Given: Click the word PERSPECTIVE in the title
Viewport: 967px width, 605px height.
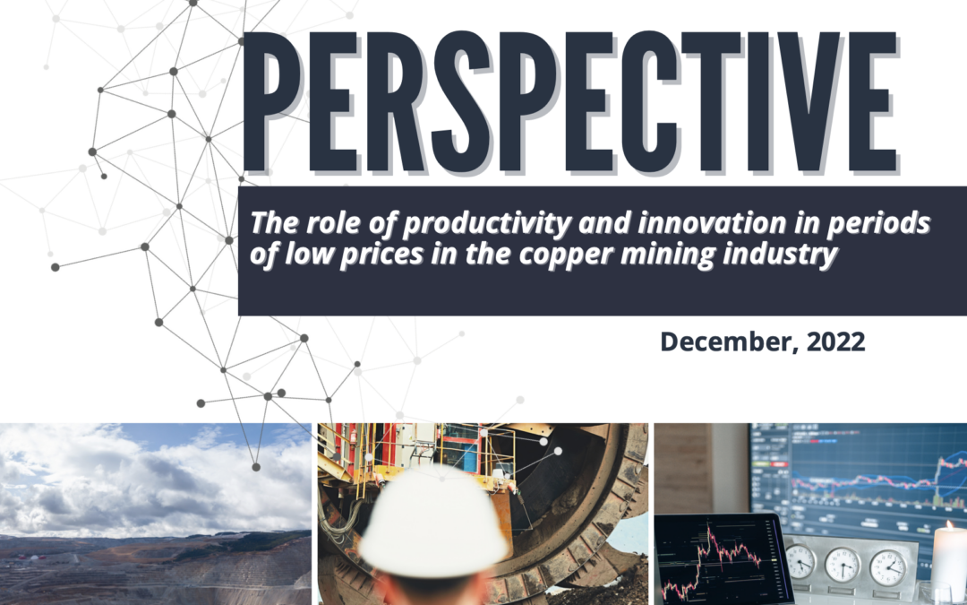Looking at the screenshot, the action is (x=570, y=102).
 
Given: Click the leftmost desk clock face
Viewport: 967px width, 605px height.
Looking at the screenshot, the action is (x=800, y=560).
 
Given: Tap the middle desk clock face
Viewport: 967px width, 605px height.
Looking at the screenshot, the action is (x=843, y=564).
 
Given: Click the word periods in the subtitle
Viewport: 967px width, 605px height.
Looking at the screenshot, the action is (x=878, y=223).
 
